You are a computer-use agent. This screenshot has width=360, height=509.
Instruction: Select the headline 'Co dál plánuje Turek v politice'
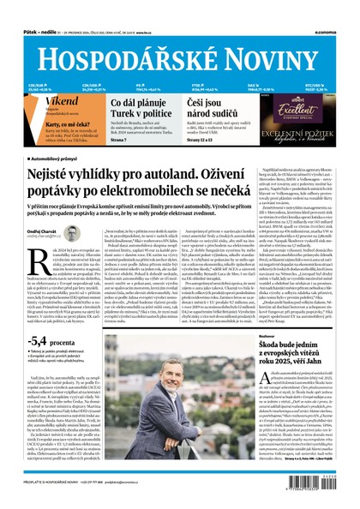136,107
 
